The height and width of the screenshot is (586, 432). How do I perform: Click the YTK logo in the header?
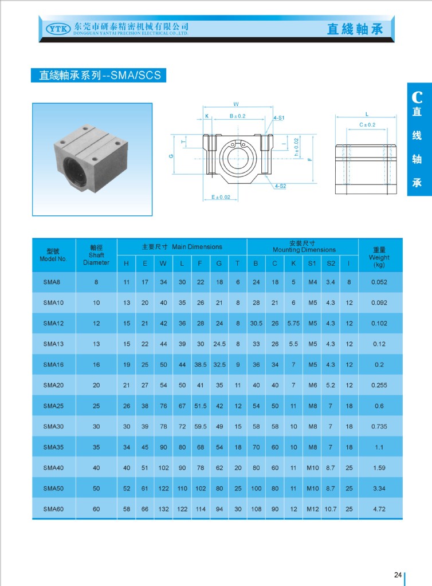57,27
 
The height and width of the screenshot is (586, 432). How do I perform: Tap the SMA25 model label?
53,406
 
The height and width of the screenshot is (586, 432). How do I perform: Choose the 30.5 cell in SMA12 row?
256,323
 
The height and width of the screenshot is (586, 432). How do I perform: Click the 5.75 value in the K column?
293,323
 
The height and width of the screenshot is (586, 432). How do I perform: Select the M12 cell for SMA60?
312,509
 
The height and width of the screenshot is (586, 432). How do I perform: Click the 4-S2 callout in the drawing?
280,186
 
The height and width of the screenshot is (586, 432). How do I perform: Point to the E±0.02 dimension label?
221,197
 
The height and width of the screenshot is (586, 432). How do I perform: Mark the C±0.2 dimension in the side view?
367,124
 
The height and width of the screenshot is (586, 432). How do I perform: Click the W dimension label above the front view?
235,104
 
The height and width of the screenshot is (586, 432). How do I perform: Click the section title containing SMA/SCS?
99,75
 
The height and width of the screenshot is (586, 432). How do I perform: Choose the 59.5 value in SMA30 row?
200,426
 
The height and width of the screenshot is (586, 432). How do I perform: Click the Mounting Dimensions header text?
304,250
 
